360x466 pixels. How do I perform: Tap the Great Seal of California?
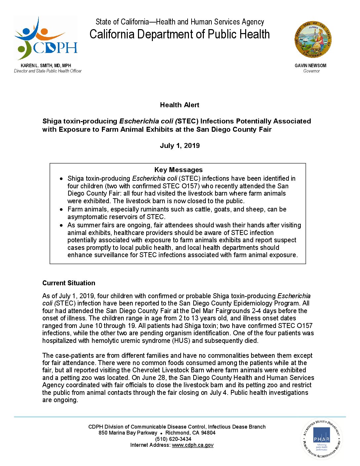tap(313, 40)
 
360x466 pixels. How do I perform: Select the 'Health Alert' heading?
tap(179, 105)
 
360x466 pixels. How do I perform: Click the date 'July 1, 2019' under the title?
tap(180, 146)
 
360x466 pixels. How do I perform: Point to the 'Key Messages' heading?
tap(178, 170)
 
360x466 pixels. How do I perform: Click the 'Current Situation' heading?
tap(68, 283)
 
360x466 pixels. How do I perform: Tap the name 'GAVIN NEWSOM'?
tap(310, 66)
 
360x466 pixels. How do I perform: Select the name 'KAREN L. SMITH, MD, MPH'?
tap(46, 66)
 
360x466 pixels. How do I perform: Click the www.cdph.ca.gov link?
tap(193, 445)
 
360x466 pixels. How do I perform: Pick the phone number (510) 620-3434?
tap(173, 439)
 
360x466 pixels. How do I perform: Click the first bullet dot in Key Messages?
tap(61, 179)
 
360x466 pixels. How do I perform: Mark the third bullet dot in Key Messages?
tap(61, 225)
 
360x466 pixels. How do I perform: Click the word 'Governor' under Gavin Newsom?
tap(311, 71)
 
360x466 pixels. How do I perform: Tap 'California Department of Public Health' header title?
tap(180, 34)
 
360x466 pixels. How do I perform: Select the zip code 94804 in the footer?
tap(208, 433)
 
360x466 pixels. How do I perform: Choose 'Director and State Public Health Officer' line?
tap(48, 71)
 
